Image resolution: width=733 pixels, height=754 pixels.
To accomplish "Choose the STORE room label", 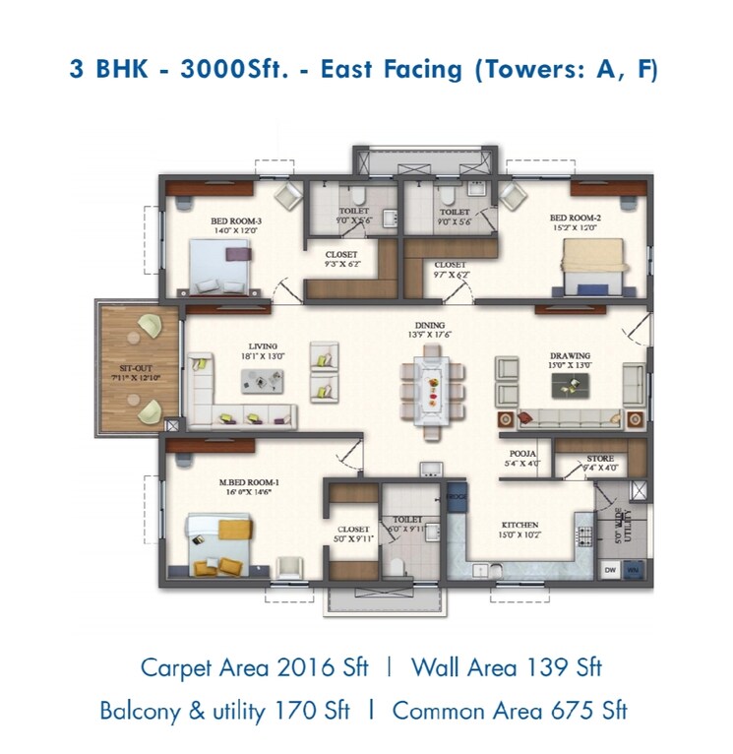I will click(x=600, y=458).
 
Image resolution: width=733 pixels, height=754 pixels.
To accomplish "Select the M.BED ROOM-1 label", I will click(x=250, y=482).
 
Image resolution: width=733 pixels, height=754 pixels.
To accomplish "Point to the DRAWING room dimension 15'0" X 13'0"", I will click(x=570, y=366).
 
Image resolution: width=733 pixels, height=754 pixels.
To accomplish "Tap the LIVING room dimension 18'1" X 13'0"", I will click(x=262, y=356).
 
